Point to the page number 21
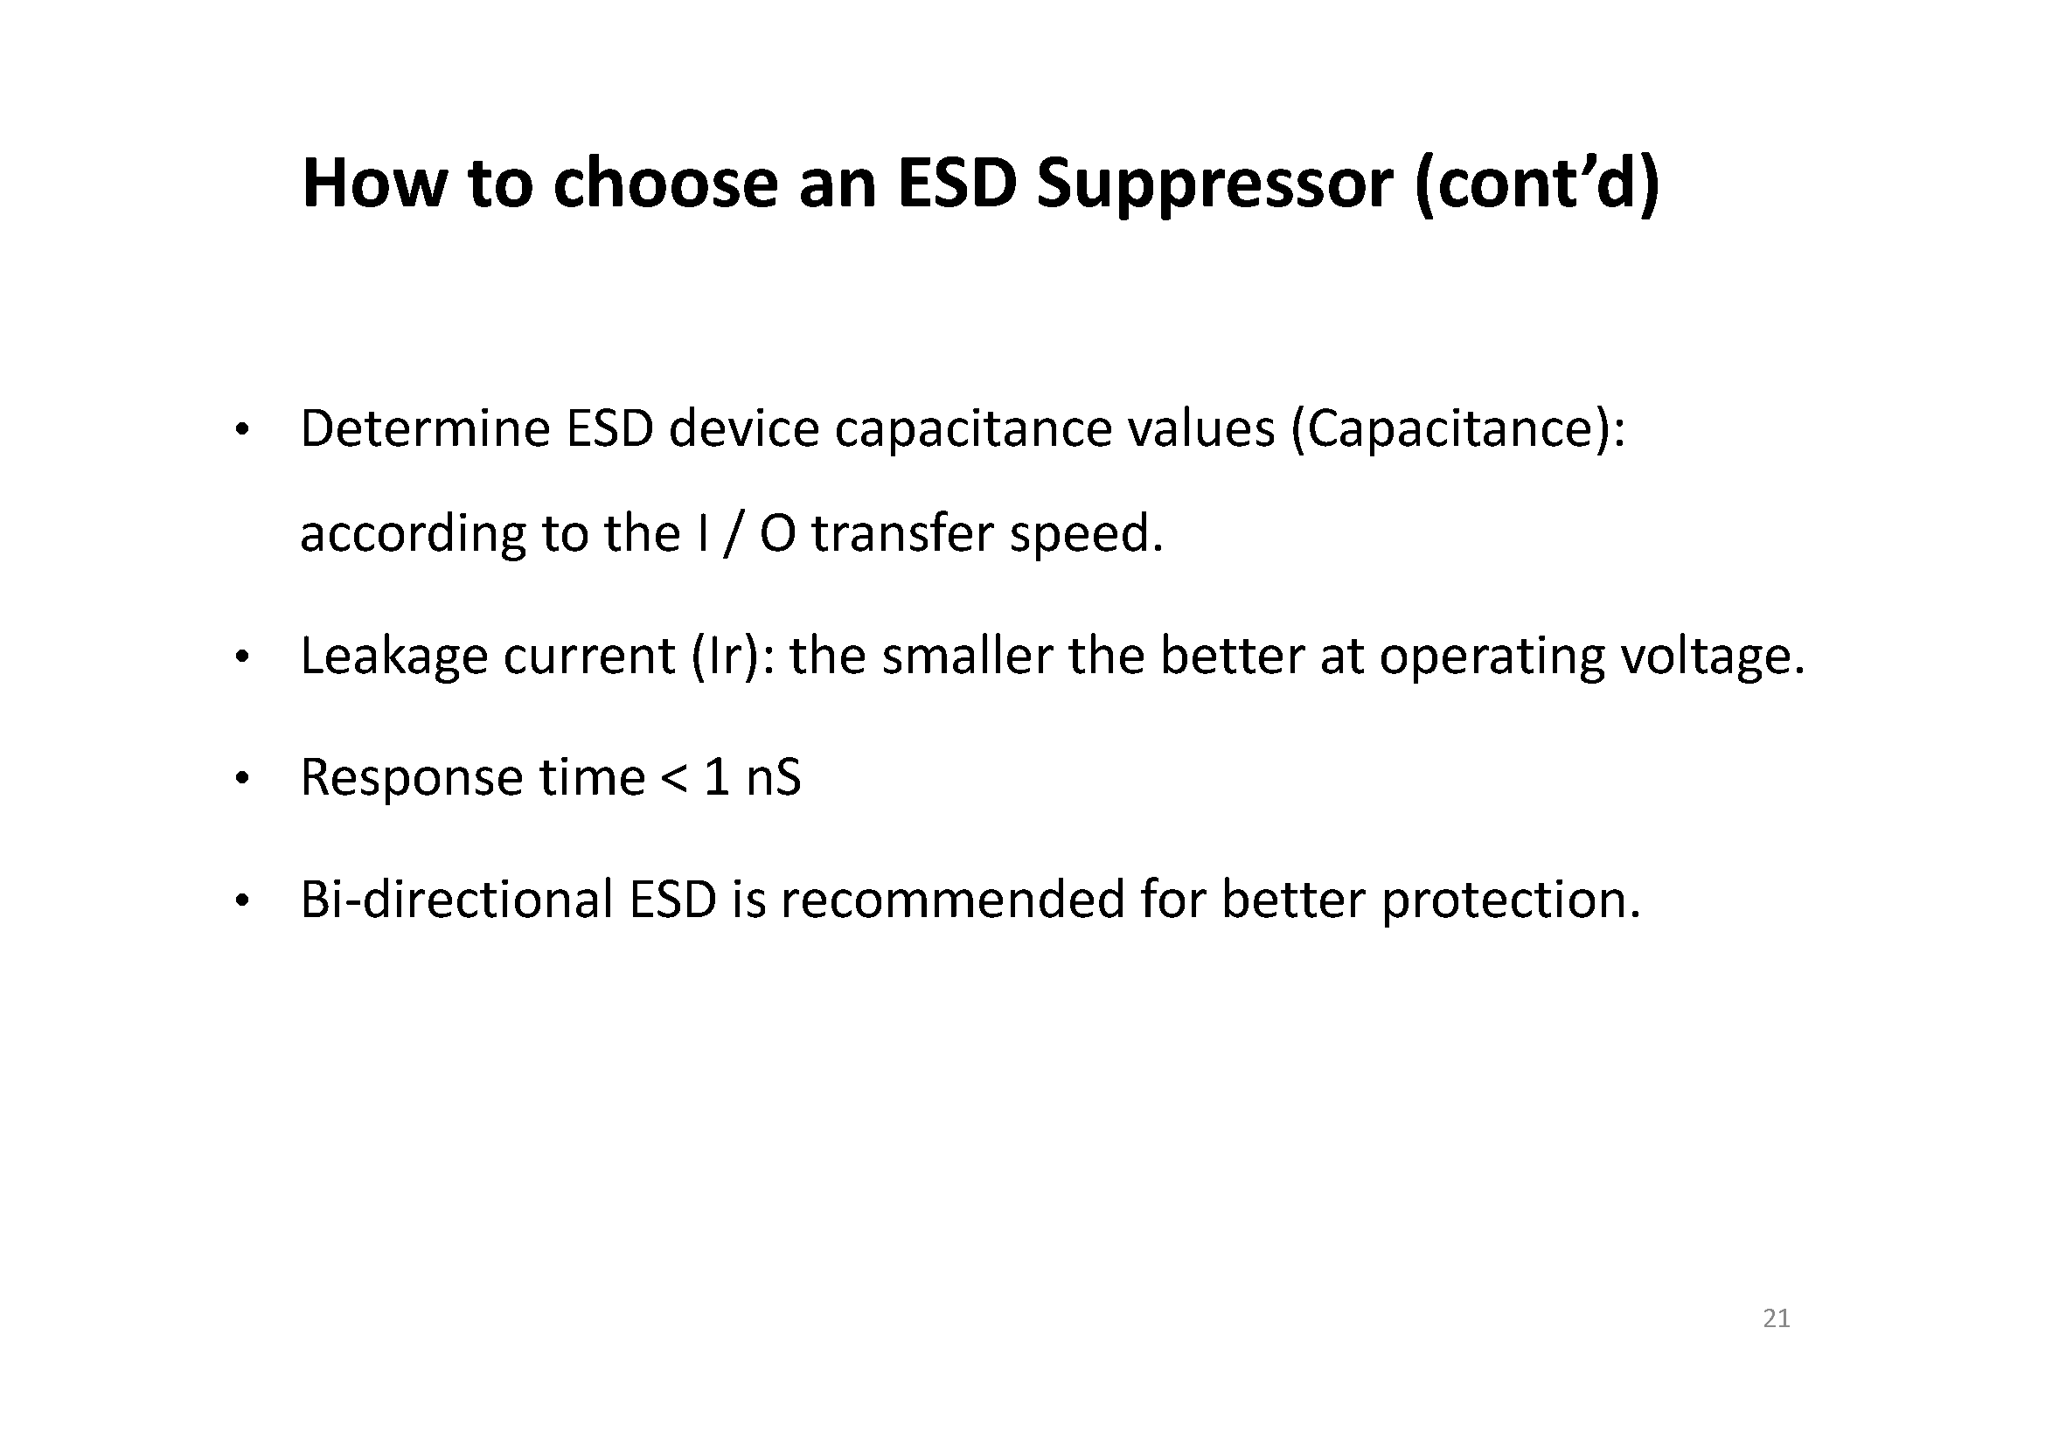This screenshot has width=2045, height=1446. pos(1776,1318)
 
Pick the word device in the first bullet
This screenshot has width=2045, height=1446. pos(744,428)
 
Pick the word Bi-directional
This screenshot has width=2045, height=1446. pos(457,900)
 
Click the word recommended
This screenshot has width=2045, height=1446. pos(953,900)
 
